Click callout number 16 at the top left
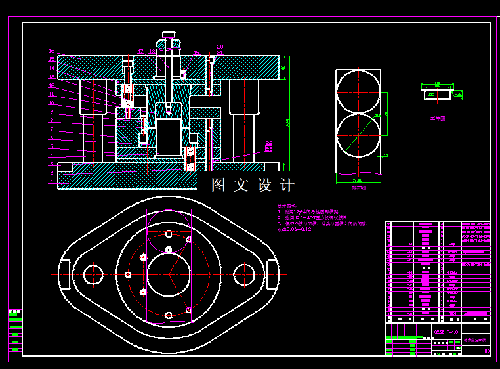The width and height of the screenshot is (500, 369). click(x=52, y=51)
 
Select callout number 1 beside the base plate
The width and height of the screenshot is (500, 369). click(x=52, y=182)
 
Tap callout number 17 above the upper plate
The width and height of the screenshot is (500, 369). click(x=140, y=51)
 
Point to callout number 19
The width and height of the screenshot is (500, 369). click(x=196, y=53)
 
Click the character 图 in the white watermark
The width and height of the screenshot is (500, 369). click(x=219, y=185)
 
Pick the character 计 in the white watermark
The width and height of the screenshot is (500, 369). click(x=287, y=185)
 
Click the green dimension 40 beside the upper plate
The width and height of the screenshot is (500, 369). click(x=284, y=67)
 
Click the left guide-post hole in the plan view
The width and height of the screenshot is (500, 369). click(x=93, y=274)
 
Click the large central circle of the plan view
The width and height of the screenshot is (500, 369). click(x=169, y=274)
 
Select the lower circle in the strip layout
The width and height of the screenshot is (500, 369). click(x=358, y=136)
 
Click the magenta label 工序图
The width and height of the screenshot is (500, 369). click(x=438, y=119)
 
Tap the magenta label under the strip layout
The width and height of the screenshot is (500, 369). click(x=358, y=188)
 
